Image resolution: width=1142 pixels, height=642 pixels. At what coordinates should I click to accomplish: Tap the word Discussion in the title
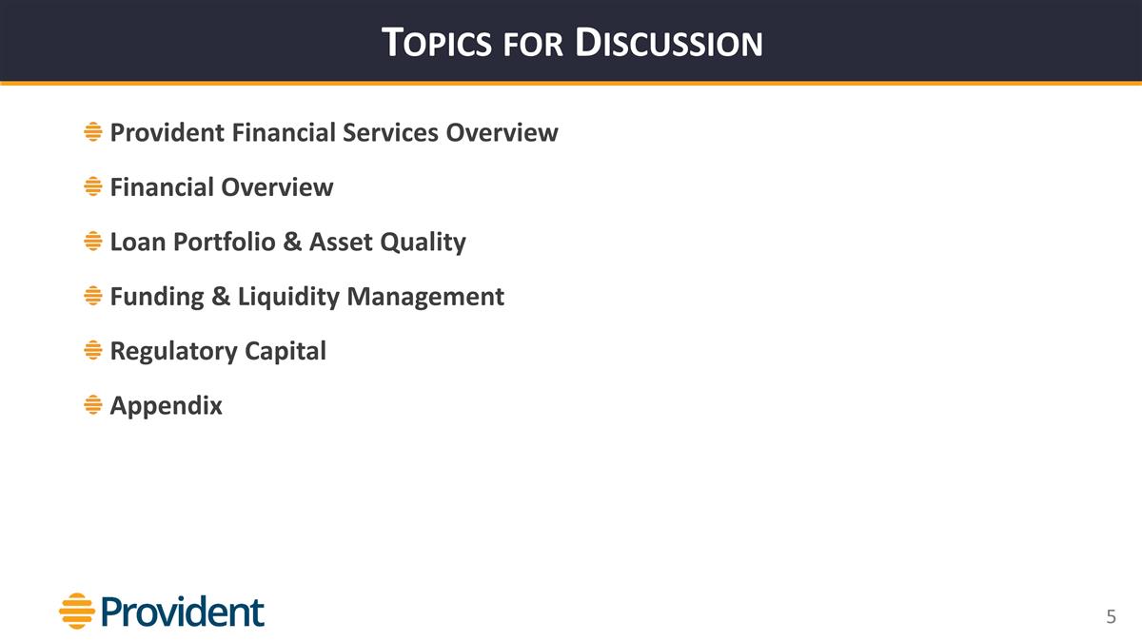670,43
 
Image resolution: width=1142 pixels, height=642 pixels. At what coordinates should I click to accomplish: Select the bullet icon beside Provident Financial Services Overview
92,132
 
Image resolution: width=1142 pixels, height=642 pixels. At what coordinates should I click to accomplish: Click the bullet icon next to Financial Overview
92,187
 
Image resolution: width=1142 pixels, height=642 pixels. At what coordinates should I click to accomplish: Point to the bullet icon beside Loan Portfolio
92,242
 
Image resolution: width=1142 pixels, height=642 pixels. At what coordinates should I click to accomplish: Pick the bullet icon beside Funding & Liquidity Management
92,297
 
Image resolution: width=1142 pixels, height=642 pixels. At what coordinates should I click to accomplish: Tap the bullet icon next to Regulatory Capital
92,351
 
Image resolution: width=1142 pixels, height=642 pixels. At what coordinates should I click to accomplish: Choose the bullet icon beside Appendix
92,405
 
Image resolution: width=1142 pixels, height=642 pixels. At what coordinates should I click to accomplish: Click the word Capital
285,351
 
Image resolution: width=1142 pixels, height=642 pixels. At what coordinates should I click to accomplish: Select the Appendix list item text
167,406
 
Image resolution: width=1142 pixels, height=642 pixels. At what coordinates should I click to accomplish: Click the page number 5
1110,617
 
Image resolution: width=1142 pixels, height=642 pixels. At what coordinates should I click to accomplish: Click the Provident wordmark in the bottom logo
183,612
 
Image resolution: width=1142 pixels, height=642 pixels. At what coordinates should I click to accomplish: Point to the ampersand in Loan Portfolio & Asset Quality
289,243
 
